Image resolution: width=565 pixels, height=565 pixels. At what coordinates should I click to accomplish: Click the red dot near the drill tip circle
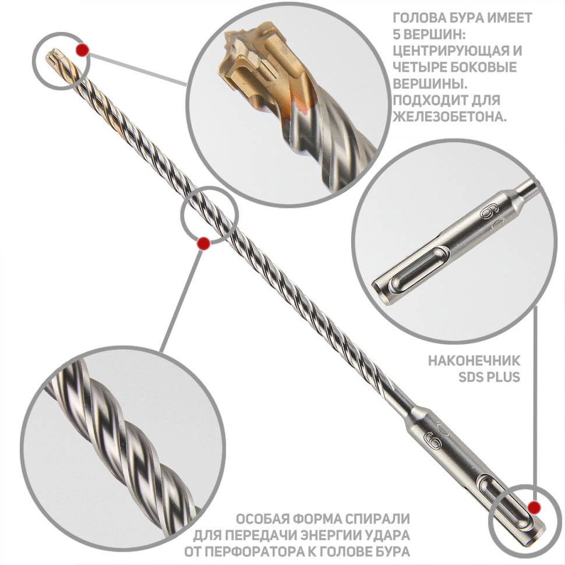(x=83, y=50)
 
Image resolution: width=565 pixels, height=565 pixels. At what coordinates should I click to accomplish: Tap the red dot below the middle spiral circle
(x=204, y=243)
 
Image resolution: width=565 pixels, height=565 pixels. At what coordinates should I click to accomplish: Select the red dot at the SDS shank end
(x=534, y=508)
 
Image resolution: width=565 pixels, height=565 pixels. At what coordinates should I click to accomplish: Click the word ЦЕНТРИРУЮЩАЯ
(x=447, y=51)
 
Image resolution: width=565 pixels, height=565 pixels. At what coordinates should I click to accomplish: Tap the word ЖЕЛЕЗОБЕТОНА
(x=449, y=116)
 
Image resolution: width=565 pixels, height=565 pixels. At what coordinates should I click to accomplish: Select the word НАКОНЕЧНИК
(x=474, y=361)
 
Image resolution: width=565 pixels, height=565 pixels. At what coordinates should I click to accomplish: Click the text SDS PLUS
(x=489, y=377)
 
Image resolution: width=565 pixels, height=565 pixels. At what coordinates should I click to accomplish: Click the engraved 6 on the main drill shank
(x=433, y=440)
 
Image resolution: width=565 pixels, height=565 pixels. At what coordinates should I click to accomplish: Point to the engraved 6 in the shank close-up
(x=487, y=213)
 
